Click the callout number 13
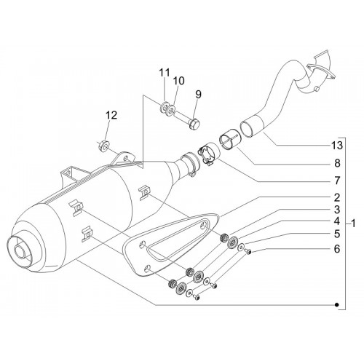pyautogui.click(x=337, y=146)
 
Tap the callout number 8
pyautogui.click(x=337, y=163)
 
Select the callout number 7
pyautogui.click(x=337, y=181)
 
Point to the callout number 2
pyautogui.click(x=337, y=198)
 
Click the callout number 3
pyautogui.click(x=337, y=210)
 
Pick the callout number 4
pyautogui.click(x=337, y=221)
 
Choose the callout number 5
pyautogui.click(x=337, y=234)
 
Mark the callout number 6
pyautogui.click(x=337, y=249)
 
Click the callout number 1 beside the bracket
pyautogui.click(x=353, y=223)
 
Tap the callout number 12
pyautogui.click(x=111, y=115)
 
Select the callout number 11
pyautogui.click(x=165, y=72)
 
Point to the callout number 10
pyautogui.click(x=179, y=81)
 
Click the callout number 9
pyautogui.click(x=198, y=94)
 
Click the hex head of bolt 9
pyautogui.click(x=194, y=124)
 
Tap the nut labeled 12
pyautogui.click(x=104, y=145)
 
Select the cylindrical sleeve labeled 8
pyautogui.click(x=229, y=139)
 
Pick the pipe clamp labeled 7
pyautogui.click(x=209, y=154)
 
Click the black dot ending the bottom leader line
pyautogui.click(x=336, y=305)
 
